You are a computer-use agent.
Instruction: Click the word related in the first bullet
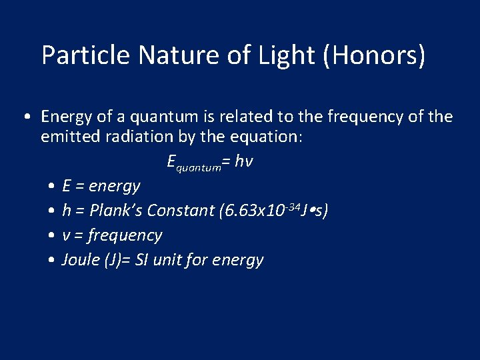(x=243, y=117)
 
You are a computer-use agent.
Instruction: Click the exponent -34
(x=291, y=206)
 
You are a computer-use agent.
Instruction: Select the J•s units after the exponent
(x=314, y=211)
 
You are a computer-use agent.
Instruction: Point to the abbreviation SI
(x=143, y=260)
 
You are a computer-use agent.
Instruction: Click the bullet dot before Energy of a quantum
(x=25, y=118)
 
